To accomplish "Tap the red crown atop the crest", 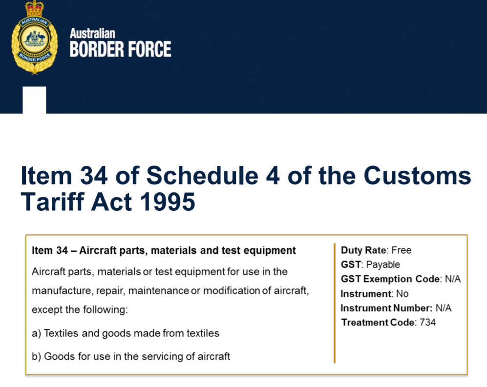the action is pyautogui.click(x=35, y=9).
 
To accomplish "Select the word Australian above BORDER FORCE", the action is pyautogui.click(x=92, y=33).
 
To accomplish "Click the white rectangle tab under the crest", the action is pyautogui.click(x=35, y=100).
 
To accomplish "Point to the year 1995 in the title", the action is pyautogui.click(x=168, y=202).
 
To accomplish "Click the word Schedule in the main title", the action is pyautogui.click(x=202, y=176).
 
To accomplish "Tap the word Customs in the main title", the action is pyautogui.click(x=417, y=176).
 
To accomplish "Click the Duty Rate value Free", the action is pyautogui.click(x=402, y=250).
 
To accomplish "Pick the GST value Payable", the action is pyautogui.click(x=383, y=265).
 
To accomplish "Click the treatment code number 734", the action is pyautogui.click(x=428, y=323).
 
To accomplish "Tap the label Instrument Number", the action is pyautogui.click(x=386, y=308).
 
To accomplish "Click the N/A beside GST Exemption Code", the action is pyautogui.click(x=453, y=279).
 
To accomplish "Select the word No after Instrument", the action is pyautogui.click(x=402, y=294).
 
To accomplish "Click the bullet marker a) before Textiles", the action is pyautogui.click(x=36, y=333).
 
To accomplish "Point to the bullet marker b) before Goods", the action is pyautogui.click(x=36, y=357).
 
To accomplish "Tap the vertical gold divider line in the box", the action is pyautogui.click(x=335, y=303).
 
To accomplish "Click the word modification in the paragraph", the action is pyautogui.click(x=232, y=291).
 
